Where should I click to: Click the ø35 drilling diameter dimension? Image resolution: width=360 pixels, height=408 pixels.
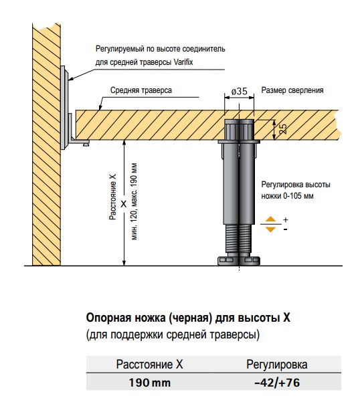tap(239, 91)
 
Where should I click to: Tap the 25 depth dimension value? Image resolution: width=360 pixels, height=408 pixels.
tap(282, 129)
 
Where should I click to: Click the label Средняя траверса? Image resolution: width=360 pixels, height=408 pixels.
tap(141, 90)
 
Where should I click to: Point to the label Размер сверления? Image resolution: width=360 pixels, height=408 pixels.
tap(292, 90)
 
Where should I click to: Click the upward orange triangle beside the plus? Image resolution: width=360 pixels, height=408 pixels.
tap(271, 219)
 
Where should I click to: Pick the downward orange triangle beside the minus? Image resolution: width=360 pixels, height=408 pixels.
tap(271, 229)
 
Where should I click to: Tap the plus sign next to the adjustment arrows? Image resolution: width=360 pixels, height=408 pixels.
tap(286, 220)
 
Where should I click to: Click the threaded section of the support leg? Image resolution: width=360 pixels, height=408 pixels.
tap(239, 238)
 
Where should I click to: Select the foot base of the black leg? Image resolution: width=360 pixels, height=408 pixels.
tap(239, 260)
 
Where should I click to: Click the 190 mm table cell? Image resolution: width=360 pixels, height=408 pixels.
tap(150, 383)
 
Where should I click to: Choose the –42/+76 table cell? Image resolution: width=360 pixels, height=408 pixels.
tap(277, 383)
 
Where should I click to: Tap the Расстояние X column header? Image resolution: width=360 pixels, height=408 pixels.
tap(149, 365)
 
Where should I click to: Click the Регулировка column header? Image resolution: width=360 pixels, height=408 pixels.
tap(277, 365)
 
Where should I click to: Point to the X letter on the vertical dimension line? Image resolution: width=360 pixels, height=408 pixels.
tap(124, 204)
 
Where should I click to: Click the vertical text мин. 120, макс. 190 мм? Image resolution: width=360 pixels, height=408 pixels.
tap(134, 201)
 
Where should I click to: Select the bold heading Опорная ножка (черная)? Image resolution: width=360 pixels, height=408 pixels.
tap(148, 318)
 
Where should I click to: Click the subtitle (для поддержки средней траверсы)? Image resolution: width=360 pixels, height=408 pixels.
tap(173, 334)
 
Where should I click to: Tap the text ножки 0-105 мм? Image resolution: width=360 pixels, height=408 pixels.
tap(287, 196)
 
